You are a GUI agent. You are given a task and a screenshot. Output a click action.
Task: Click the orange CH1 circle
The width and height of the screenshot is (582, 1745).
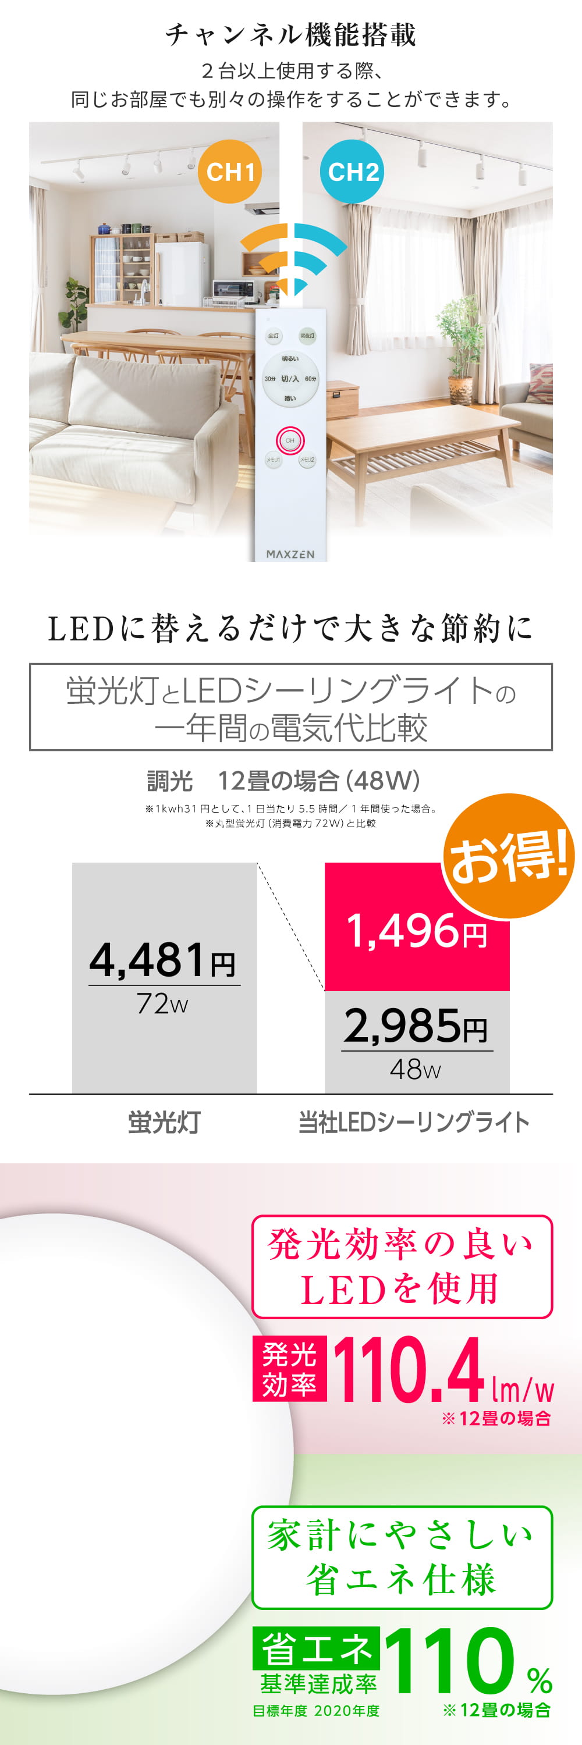[x=230, y=172]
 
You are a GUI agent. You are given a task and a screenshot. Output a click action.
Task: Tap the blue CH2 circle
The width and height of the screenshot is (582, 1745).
[x=352, y=172]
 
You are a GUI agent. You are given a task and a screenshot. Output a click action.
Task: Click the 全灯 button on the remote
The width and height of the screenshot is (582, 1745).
[x=273, y=335]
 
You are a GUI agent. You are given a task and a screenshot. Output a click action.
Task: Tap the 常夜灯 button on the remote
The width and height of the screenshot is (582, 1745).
[x=307, y=335]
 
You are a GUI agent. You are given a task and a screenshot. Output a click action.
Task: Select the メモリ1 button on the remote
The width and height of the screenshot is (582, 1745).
[x=273, y=460]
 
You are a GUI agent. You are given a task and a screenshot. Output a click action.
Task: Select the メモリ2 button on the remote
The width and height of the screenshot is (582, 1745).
[x=307, y=460]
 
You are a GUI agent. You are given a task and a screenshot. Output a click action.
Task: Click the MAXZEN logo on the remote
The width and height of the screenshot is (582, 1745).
[x=290, y=553]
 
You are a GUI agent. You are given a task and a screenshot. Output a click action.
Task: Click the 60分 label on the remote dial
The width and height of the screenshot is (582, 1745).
[x=310, y=379]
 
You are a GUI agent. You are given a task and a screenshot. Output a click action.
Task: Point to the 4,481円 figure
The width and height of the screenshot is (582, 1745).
[x=162, y=960]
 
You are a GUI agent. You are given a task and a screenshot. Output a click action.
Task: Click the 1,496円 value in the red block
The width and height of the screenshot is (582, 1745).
[x=416, y=931]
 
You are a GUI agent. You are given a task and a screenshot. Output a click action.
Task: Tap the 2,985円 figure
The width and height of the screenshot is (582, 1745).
[x=416, y=1025]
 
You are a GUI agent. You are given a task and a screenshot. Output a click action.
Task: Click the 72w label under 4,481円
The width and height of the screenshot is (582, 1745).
[x=162, y=1004]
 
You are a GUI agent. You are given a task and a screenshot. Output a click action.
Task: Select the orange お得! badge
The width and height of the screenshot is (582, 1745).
[x=508, y=857]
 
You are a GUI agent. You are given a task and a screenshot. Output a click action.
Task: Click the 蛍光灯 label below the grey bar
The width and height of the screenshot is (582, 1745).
[x=165, y=1123]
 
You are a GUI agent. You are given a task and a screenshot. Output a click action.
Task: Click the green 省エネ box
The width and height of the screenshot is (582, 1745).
[x=315, y=1648]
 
